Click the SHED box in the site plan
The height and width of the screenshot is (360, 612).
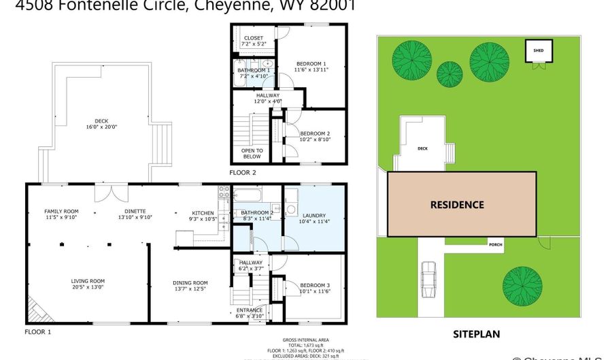click(538, 50)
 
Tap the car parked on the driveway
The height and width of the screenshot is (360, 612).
click(428, 280)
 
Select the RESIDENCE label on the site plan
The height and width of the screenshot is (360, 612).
click(457, 204)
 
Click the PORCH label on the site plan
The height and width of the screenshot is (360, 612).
click(496, 245)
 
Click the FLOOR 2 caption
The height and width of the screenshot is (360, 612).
click(243, 172)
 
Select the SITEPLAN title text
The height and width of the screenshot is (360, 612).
click(477, 334)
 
